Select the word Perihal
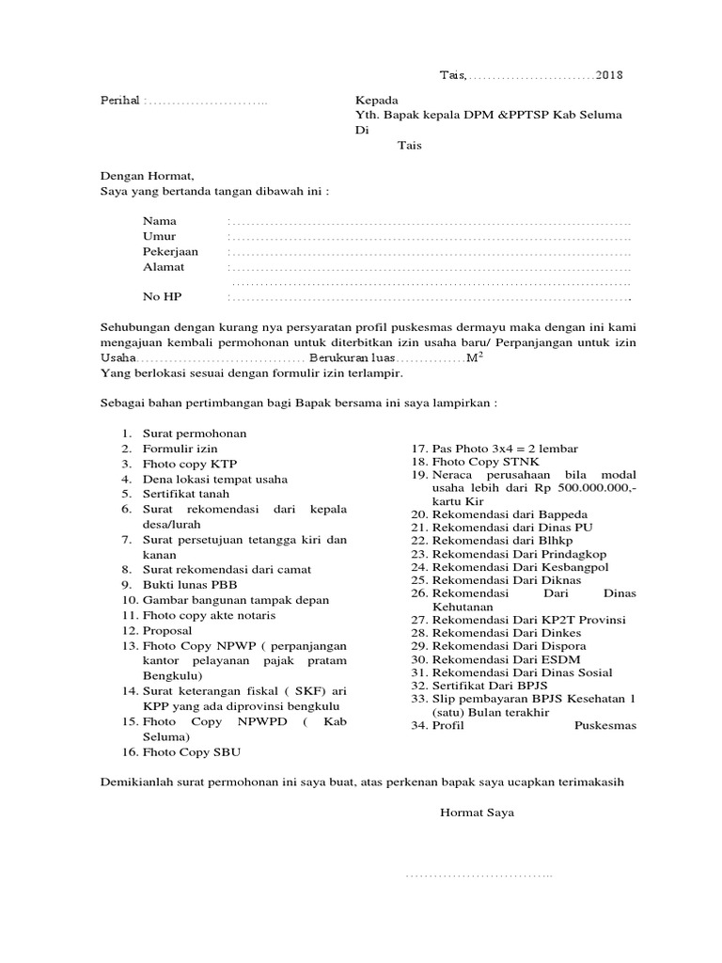click(x=119, y=101)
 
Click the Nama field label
click(x=159, y=221)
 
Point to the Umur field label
click(x=159, y=236)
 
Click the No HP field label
click(x=162, y=297)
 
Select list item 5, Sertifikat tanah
click(x=185, y=494)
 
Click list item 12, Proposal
click(x=167, y=630)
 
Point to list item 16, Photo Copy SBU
click(x=196, y=752)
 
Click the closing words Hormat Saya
click(x=477, y=812)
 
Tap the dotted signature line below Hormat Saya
click(x=479, y=877)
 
